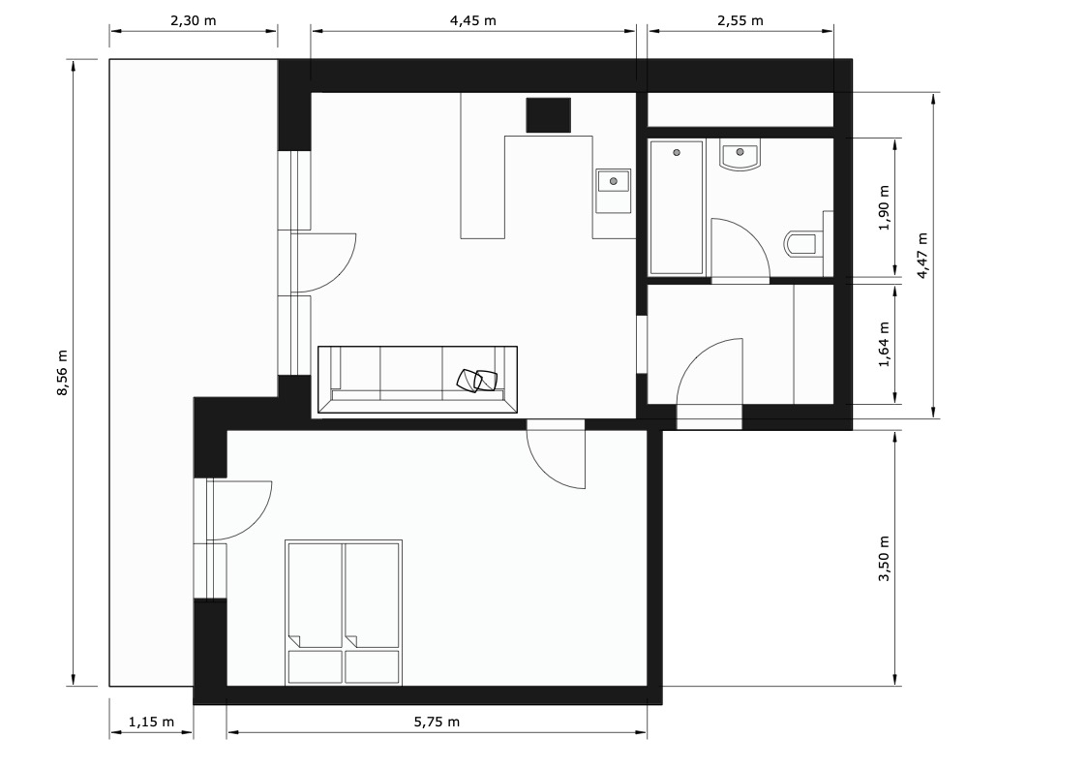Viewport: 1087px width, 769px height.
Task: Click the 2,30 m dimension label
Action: pyautogui.click(x=194, y=20)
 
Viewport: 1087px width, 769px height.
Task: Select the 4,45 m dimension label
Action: pyautogui.click(x=473, y=20)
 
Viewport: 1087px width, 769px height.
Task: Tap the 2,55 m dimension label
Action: pyautogui.click(x=740, y=20)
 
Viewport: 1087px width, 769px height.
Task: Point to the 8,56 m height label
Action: pyautogui.click(x=63, y=372)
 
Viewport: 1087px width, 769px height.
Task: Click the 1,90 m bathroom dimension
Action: pyautogui.click(x=884, y=208)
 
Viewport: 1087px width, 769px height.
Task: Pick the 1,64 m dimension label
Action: pyautogui.click(x=884, y=345)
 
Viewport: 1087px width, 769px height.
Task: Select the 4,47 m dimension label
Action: pyautogui.click(x=922, y=256)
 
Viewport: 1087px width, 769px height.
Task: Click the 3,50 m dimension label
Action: pyautogui.click(x=884, y=559)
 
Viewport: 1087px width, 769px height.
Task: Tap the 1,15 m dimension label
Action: pyautogui.click(x=151, y=722)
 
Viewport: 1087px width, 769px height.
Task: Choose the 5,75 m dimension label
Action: pyautogui.click(x=437, y=722)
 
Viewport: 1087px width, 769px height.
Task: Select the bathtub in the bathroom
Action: pyautogui.click(x=677, y=207)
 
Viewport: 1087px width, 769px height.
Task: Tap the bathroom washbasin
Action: pyautogui.click(x=740, y=155)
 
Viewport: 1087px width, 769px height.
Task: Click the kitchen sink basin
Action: pyautogui.click(x=614, y=181)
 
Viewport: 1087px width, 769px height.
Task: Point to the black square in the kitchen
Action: pyautogui.click(x=549, y=115)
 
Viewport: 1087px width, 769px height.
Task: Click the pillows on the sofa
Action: pyautogui.click(x=477, y=380)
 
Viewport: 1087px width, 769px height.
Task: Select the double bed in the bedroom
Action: pyautogui.click(x=344, y=613)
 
